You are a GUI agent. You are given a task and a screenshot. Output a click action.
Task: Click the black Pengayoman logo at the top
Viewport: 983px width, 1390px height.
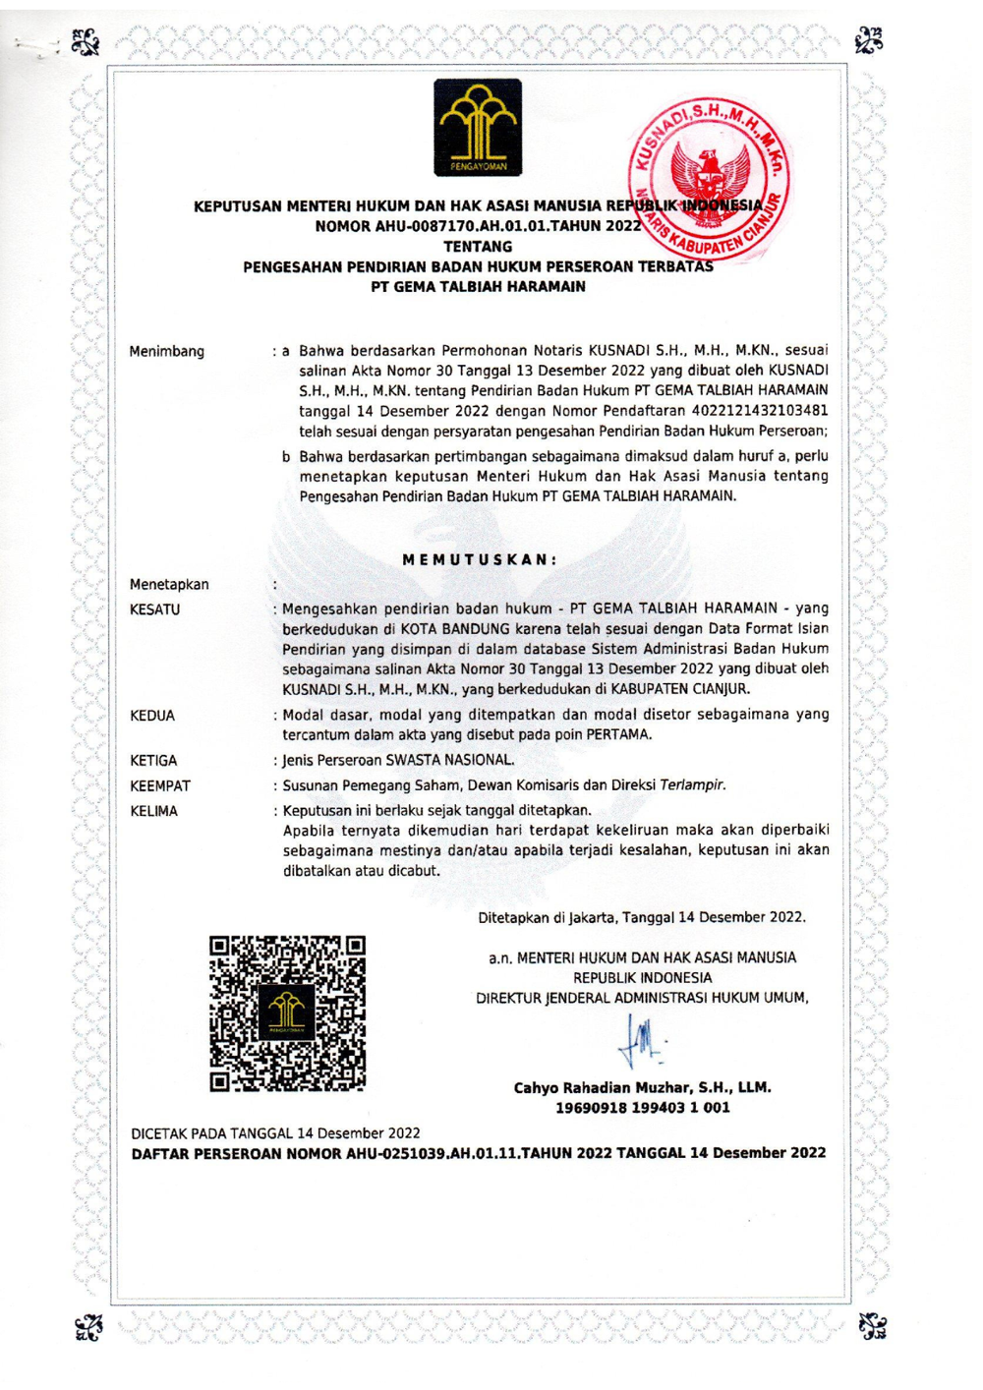click(478, 129)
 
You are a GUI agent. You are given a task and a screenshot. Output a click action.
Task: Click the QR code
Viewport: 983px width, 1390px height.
click(287, 1014)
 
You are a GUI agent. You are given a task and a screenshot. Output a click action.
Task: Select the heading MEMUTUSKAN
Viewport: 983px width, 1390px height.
click(480, 559)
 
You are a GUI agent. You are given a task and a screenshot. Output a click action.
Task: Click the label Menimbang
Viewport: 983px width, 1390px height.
click(167, 351)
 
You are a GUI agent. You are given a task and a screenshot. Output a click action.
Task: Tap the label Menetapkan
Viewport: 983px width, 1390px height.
click(169, 585)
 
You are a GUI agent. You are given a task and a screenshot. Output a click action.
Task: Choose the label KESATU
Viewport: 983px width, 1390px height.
click(155, 609)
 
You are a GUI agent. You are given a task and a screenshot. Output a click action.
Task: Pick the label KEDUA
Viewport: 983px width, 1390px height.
click(152, 716)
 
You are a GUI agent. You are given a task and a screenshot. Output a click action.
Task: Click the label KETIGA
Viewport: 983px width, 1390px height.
click(154, 761)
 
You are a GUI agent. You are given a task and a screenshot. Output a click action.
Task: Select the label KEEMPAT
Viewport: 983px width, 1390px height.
click(160, 786)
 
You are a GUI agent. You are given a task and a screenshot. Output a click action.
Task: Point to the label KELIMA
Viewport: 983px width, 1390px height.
click(154, 811)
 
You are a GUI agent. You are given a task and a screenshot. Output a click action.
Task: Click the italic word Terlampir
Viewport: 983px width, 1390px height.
click(693, 785)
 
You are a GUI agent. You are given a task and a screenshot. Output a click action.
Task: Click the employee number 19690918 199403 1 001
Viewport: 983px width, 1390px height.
click(642, 1108)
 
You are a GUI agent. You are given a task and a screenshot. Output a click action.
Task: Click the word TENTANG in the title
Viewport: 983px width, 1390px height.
click(478, 247)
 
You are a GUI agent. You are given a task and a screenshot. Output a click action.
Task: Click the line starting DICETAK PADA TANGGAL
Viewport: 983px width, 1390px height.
click(276, 1133)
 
